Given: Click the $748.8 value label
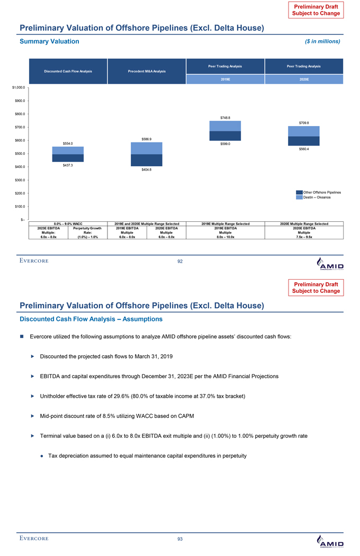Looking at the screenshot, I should coord(221,118).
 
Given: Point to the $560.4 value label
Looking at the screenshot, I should coord(304,149).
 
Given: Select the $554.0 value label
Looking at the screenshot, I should coord(67,143).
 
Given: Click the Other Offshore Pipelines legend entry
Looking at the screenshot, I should coord(322,192).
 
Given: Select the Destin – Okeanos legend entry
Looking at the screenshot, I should coord(317,198).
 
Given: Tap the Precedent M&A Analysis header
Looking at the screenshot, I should coord(147,71).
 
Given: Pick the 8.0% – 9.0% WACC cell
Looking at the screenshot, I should coord(67,224).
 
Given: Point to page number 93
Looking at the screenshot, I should coord(180,539).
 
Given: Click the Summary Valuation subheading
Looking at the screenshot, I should coord(49,41).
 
